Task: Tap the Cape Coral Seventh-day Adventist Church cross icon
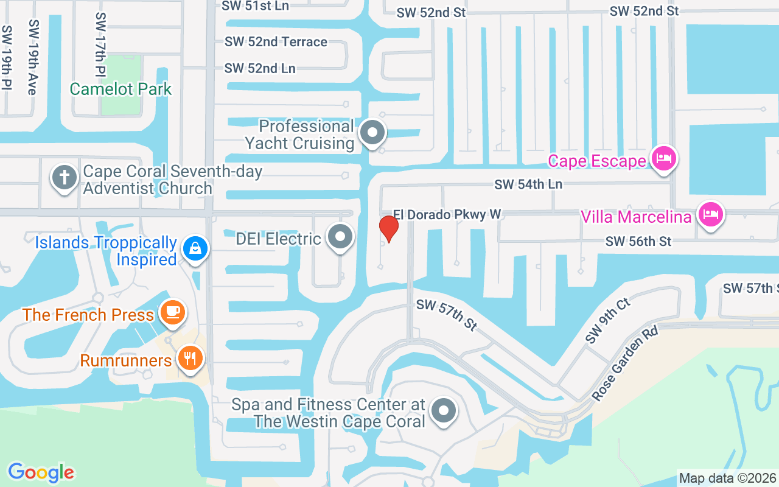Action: pos(65,178)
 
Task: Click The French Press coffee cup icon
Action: pos(173,312)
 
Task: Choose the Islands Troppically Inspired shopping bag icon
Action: pos(195,248)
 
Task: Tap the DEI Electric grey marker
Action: pos(340,237)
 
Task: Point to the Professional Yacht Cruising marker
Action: pos(372,132)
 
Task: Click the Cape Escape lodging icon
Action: pos(663,159)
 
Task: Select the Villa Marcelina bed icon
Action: pos(710,214)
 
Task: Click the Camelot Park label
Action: pos(121,89)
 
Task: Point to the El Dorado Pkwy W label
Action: pos(447,214)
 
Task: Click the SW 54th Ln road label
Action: pos(528,184)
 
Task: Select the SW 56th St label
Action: pos(638,242)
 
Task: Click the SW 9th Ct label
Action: pos(608,321)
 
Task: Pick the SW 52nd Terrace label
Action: pos(276,42)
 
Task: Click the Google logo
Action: pos(41,472)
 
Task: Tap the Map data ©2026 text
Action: pos(727,478)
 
